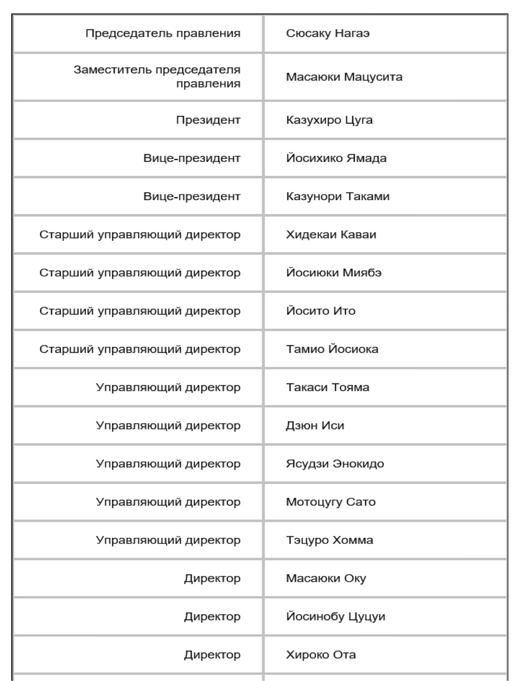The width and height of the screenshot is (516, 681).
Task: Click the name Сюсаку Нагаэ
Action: [x=328, y=34]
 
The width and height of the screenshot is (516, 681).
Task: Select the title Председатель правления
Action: [x=163, y=34]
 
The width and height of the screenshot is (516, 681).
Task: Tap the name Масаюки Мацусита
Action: [x=344, y=77]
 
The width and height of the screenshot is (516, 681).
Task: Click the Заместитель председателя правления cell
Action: [x=157, y=77]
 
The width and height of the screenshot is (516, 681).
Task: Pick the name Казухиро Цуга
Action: [x=329, y=120]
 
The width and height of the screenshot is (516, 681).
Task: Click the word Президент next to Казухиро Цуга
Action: [x=208, y=120]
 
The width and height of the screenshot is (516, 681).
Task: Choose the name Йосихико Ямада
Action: [x=336, y=158]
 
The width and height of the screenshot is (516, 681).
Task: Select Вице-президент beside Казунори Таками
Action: [x=192, y=196]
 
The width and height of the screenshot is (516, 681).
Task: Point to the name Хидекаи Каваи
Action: [x=331, y=235]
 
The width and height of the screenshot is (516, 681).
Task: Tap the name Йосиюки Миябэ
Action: [x=334, y=273]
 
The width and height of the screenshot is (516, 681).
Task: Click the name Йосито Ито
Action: [x=321, y=311]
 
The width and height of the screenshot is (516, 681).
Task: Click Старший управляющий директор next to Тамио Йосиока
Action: [x=140, y=349]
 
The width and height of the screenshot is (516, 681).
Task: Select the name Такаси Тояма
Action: [x=327, y=387]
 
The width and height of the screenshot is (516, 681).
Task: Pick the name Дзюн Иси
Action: [x=315, y=425]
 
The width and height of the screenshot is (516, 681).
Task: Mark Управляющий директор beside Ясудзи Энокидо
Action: [x=168, y=463]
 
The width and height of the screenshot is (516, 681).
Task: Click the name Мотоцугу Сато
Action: [x=330, y=502]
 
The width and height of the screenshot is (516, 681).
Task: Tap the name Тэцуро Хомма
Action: [x=329, y=540]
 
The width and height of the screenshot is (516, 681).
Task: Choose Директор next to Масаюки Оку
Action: [x=212, y=578]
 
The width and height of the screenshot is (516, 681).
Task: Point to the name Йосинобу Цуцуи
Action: [x=335, y=616]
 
